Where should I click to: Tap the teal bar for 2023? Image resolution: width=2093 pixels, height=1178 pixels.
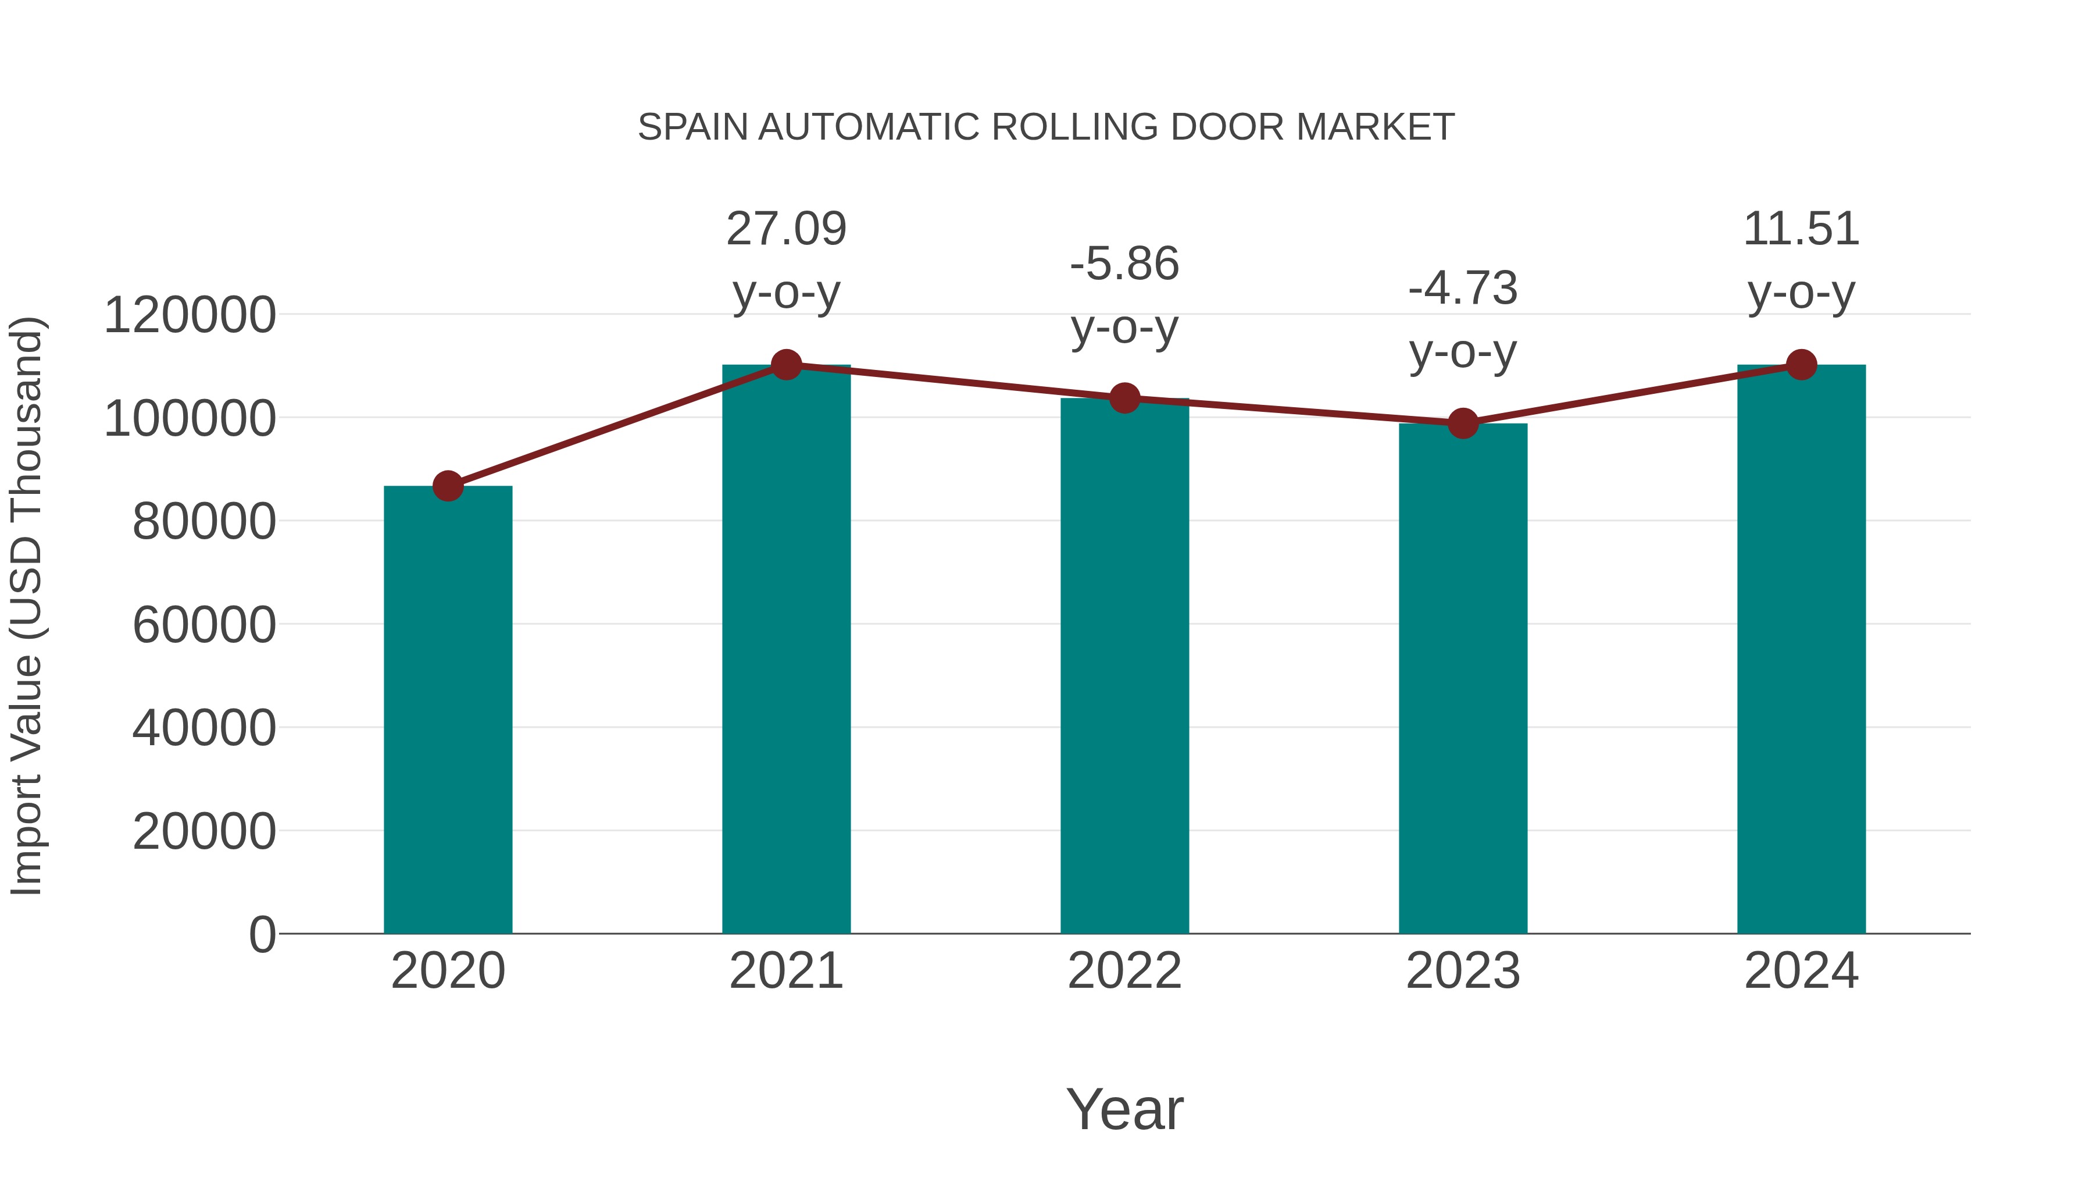click(x=1463, y=678)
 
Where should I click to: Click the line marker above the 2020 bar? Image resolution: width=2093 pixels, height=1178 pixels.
click(x=448, y=486)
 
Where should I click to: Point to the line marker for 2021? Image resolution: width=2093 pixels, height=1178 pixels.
click(x=785, y=365)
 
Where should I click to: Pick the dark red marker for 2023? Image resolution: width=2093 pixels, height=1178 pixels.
click(x=1463, y=423)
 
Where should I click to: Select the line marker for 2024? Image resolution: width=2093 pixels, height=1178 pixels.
click(x=1801, y=365)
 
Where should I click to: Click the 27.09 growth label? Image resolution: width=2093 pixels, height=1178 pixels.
click(x=785, y=229)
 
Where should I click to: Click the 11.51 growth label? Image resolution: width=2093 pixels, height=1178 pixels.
click(x=1801, y=229)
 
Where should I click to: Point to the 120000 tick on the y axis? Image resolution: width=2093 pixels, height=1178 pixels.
click(x=190, y=315)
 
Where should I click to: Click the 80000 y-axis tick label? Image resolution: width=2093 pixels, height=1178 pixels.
click(x=204, y=522)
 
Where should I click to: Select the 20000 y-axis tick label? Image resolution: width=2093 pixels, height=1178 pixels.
click(x=204, y=832)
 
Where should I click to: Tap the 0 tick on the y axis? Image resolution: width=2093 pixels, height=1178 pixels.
click(x=262, y=935)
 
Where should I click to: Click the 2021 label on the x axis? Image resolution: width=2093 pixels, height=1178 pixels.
click(x=785, y=971)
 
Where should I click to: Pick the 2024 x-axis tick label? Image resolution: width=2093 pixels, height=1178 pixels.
click(x=1801, y=971)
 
